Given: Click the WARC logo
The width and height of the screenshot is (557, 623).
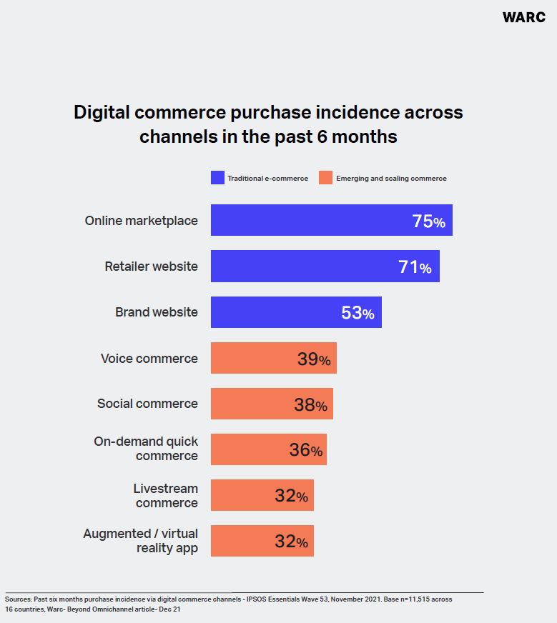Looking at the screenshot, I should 524,17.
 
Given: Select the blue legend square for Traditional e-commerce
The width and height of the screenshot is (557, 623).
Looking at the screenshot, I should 217,178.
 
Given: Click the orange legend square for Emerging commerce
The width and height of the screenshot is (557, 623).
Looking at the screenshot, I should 325,178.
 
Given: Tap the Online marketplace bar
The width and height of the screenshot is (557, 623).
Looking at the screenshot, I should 331,220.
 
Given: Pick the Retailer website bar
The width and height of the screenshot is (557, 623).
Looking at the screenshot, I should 325,266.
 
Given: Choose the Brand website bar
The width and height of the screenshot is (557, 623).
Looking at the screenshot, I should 296,312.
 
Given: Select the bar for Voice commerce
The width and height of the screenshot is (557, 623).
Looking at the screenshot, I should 273,358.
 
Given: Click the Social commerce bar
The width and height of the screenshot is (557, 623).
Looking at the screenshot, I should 272,404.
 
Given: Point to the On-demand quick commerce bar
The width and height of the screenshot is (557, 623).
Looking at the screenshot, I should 268,449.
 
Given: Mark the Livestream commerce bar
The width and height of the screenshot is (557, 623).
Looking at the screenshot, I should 262,495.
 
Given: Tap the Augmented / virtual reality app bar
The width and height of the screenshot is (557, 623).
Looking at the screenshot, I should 262,541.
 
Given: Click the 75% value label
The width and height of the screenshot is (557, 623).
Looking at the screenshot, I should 428,221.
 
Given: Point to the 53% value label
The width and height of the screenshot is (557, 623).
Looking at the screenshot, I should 358,313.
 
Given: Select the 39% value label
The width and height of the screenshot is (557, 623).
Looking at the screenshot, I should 313,359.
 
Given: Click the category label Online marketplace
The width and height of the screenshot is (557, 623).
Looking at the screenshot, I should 141,221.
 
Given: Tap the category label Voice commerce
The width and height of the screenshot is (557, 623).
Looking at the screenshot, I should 149,358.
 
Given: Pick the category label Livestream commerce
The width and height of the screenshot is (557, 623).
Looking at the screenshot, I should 166,495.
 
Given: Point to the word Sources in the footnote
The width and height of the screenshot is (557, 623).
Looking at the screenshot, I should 18,599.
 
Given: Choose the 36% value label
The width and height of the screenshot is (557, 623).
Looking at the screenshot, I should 305,450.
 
